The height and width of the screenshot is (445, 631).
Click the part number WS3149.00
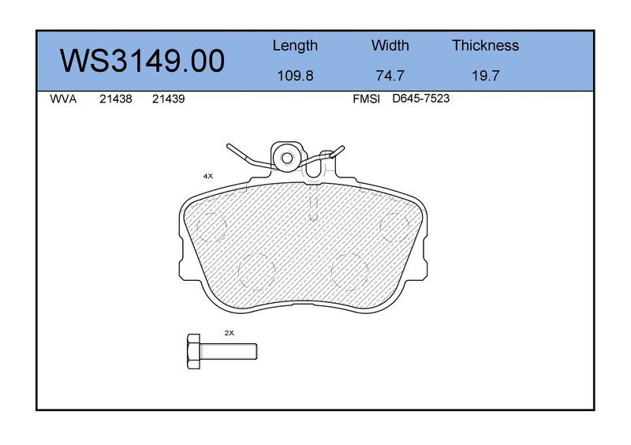(x=142, y=62)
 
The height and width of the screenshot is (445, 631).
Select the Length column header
(x=295, y=46)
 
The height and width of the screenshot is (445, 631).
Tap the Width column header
(x=390, y=46)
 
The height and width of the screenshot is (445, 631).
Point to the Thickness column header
(x=485, y=46)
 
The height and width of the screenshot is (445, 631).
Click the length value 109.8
(x=295, y=76)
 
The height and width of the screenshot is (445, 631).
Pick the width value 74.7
(x=390, y=76)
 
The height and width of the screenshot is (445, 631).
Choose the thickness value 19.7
(x=485, y=76)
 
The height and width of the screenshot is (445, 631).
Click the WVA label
(x=63, y=99)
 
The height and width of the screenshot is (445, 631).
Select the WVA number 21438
(x=115, y=99)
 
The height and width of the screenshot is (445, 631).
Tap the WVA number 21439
(x=168, y=99)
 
